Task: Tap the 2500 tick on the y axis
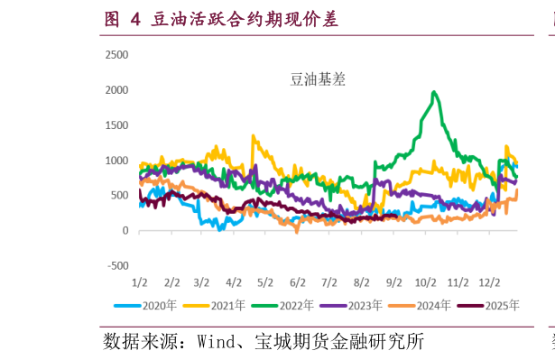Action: pos(117,55)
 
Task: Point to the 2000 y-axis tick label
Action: pos(117,90)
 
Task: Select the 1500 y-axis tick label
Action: pos(117,125)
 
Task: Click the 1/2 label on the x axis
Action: pos(140,282)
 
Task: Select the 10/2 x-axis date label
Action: pos(425,282)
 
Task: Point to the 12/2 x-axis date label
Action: pos(489,282)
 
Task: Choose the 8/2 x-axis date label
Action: pos(361,282)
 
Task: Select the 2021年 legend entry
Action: pos(219,306)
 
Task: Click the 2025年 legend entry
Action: pos(494,306)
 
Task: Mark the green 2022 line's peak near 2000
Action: pos(435,92)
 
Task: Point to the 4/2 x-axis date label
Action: pos(234,282)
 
